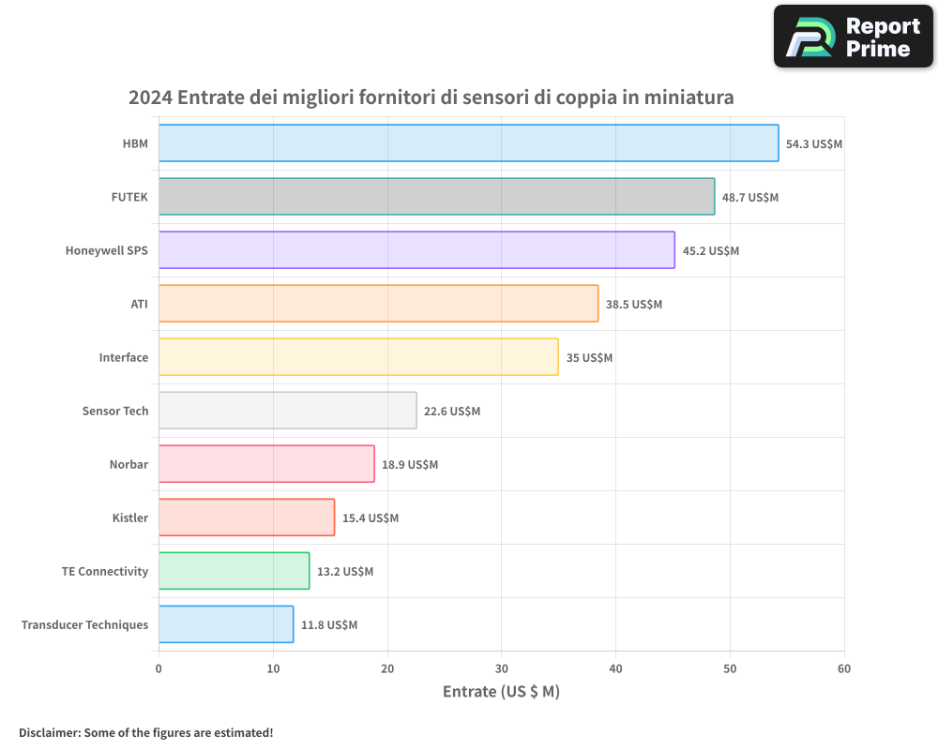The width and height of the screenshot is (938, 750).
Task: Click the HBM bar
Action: point(468,143)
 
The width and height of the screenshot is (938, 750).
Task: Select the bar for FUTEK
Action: point(436,197)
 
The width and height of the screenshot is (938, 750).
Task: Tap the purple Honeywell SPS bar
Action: point(416,250)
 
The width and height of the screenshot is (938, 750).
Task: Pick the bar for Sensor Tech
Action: point(287,411)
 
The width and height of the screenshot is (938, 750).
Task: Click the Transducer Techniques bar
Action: point(225,624)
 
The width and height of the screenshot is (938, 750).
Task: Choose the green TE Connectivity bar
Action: point(234,571)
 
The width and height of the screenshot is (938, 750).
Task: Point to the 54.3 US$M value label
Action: point(814,144)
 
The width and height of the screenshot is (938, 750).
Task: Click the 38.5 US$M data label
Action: point(634,305)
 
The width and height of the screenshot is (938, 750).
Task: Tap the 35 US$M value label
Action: point(589,358)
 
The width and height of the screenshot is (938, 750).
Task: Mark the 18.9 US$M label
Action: point(410,465)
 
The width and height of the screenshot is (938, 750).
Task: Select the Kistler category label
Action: point(130,518)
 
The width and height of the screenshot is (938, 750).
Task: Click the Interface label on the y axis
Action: point(124,358)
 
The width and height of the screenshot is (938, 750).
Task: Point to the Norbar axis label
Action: point(129,465)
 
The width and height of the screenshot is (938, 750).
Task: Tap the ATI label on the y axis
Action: point(140,305)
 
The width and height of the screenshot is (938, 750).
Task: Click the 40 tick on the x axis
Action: point(615,669)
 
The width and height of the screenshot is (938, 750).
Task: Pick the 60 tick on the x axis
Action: point(844,669)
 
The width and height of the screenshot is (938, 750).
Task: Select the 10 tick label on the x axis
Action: point(273,669)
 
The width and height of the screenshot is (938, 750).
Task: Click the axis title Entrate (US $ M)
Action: point(501,692)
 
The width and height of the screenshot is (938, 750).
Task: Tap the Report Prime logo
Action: point(854,37)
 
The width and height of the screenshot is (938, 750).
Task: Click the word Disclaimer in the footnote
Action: point(48,733)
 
